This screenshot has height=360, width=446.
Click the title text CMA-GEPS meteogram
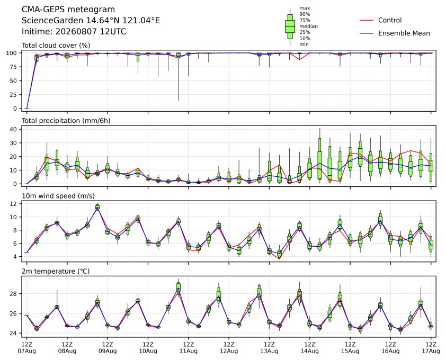tap(68, 10)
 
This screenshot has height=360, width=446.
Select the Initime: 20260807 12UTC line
tap(74, 31)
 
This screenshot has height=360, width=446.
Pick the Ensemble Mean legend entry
tap(395, 33)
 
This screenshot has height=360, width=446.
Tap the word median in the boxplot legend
tap(308, 26)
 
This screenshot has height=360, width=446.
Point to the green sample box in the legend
tap(290, 26)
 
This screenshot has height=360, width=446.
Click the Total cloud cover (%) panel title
tap(56, 46)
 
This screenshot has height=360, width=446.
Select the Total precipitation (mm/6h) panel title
tap(66, 121)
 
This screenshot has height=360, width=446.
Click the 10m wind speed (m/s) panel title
tap(58, 196)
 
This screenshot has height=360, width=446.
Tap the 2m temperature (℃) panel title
tap(56, 271)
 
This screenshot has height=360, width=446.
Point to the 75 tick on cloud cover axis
tap(13, 67)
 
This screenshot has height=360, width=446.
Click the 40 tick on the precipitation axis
tap(13, 129)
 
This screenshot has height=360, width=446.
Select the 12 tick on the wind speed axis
tap(13, 204)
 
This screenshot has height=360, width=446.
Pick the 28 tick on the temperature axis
tap(13, 293)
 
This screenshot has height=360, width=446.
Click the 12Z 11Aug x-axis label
tap(188, 348)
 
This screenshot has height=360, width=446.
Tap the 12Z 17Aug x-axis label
tap(431, 348)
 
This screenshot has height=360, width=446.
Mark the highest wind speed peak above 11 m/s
tap(97, 207)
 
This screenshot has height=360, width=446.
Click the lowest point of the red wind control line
tap(279, 259)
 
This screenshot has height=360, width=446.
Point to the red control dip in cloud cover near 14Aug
tap(299, 59)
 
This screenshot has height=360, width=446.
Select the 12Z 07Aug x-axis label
tap(26, 348)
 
